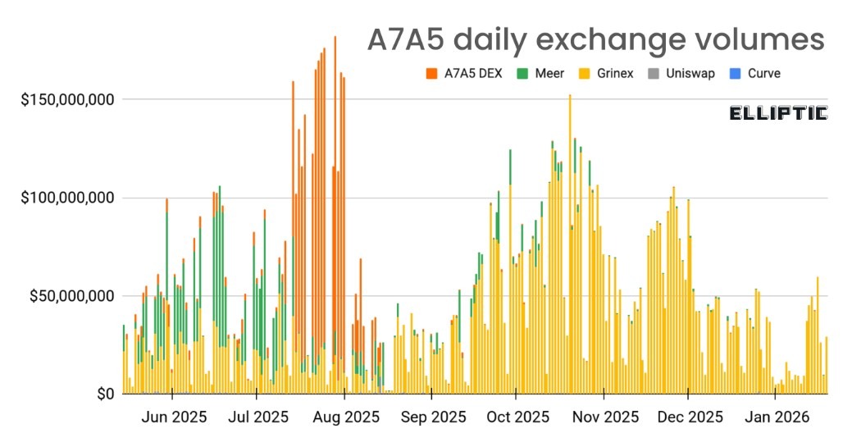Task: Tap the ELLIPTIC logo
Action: coord(777,113)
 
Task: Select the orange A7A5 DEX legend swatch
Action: coord(431,74)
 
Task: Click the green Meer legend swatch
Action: coord(522,74)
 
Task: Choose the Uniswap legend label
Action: coord(690,74)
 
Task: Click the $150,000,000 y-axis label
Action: coord(67,100)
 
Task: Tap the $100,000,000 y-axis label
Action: coord(67,198)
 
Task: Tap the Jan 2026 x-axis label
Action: coord(775,417)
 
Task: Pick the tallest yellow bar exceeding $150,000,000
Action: coord(570,246)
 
